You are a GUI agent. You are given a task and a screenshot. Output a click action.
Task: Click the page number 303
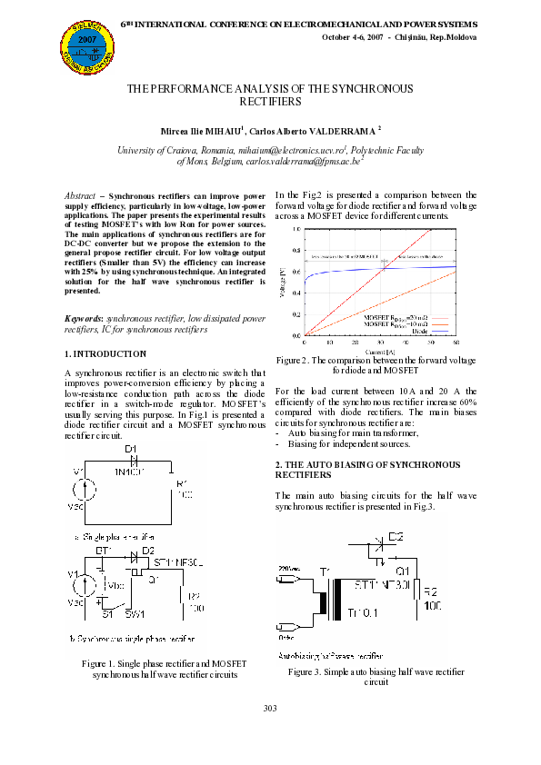(270, 708)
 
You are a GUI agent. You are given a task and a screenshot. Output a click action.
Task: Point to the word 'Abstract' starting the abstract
(83, 196)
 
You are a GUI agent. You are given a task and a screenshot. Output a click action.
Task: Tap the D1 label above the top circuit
(129, 450)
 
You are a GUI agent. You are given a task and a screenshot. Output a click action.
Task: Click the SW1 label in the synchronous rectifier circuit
(135, 614)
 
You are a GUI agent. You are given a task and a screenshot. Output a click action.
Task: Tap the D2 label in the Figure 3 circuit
(395, 535)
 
